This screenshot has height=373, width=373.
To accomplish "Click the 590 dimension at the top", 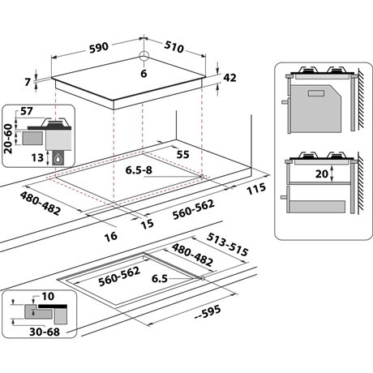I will coord(98,48).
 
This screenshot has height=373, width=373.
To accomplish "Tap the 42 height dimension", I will coord(229,78).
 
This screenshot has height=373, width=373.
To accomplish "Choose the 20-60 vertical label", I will coord(8,139).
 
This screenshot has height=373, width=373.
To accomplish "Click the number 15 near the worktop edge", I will coord(148,224).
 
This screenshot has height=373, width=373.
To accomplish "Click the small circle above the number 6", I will coord(144,56).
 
